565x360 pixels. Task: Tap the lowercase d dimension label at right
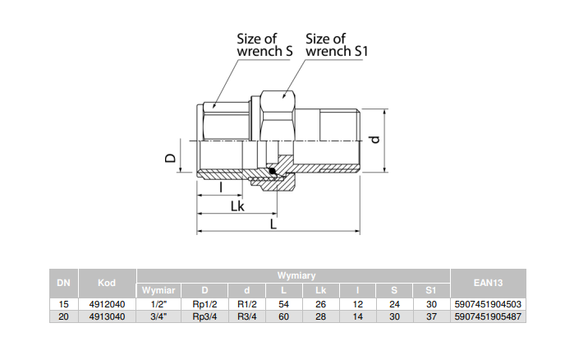374,139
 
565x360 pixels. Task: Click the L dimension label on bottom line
274,224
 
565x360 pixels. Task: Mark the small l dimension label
222,187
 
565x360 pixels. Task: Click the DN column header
63,283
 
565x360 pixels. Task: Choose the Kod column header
107,283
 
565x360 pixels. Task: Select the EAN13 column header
488,283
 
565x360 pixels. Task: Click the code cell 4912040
107,304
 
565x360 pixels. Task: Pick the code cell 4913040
107,316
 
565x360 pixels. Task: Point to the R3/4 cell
248,316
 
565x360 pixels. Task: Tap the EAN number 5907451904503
488,304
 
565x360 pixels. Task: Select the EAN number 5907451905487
488,316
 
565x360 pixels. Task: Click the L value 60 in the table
283,316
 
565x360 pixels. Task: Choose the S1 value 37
430,316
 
